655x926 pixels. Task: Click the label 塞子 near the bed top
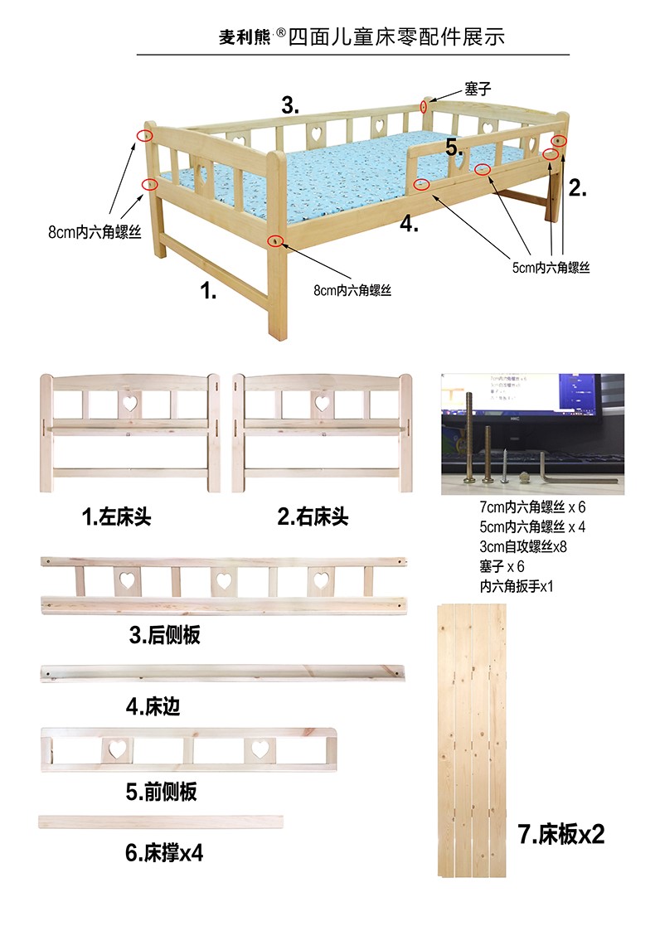coord(478,90)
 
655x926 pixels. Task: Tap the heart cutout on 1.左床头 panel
coord(129,404)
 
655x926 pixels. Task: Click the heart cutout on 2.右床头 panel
coord(322,404)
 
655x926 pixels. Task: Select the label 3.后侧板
coord(165,635)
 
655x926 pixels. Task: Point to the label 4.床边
coord(153,705)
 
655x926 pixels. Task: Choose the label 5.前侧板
coord(161,792)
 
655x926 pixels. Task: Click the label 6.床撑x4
coord(164,853)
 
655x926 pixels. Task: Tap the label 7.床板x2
coord(561,835)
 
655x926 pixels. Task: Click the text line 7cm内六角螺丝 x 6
coord(532,507)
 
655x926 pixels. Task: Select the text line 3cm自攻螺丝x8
coord(523,546)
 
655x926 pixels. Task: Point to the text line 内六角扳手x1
coord(517,586)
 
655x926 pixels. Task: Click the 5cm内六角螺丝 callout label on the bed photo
coord(551,268)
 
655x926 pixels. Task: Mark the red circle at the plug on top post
coord(424,106)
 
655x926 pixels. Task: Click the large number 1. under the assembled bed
coord(208,290)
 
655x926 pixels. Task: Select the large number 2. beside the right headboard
coord(578,188)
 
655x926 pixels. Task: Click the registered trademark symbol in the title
coord(280,32)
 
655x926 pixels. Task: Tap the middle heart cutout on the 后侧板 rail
coord(224,580)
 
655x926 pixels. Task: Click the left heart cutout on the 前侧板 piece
coord(117,749)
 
